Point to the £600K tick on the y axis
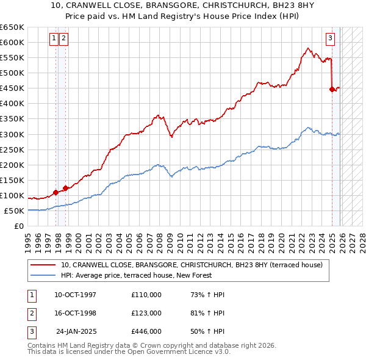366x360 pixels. (x=12, y=42)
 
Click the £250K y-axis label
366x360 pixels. (x=12, y=149)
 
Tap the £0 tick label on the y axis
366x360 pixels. (x=20, y=226)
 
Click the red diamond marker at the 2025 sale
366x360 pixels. (x=332, y=89)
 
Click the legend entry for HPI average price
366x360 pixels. (x=135, y=276)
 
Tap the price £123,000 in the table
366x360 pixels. (x=146, y=313)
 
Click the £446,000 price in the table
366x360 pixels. (x=146, y=331)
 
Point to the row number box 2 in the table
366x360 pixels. (x=30, y=313)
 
